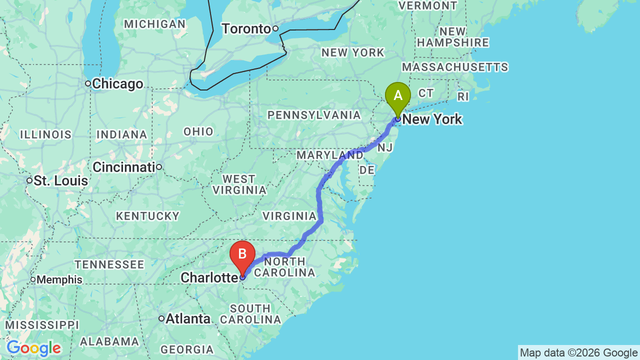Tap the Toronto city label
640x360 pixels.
(246, 29)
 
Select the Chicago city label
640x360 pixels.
(117, 84)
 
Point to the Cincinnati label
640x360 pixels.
(123, 167)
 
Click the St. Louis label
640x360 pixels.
(60, 180)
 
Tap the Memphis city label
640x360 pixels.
(59, 280)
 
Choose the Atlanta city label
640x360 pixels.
(188, 318)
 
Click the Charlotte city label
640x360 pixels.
(208, 277)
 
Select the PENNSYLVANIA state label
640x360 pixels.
(314, 115)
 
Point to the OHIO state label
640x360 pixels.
(198, 132)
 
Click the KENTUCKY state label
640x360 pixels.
(147, 216)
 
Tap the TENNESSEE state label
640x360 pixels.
(109, 265)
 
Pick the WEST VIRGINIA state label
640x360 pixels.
(239, 184)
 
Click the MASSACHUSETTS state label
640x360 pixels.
(454, 67)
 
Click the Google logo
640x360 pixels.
(33, 348)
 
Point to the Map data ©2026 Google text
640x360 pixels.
(578, 353)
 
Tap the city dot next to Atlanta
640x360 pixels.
(161, 318)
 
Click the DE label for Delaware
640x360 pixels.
(367, 170)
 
